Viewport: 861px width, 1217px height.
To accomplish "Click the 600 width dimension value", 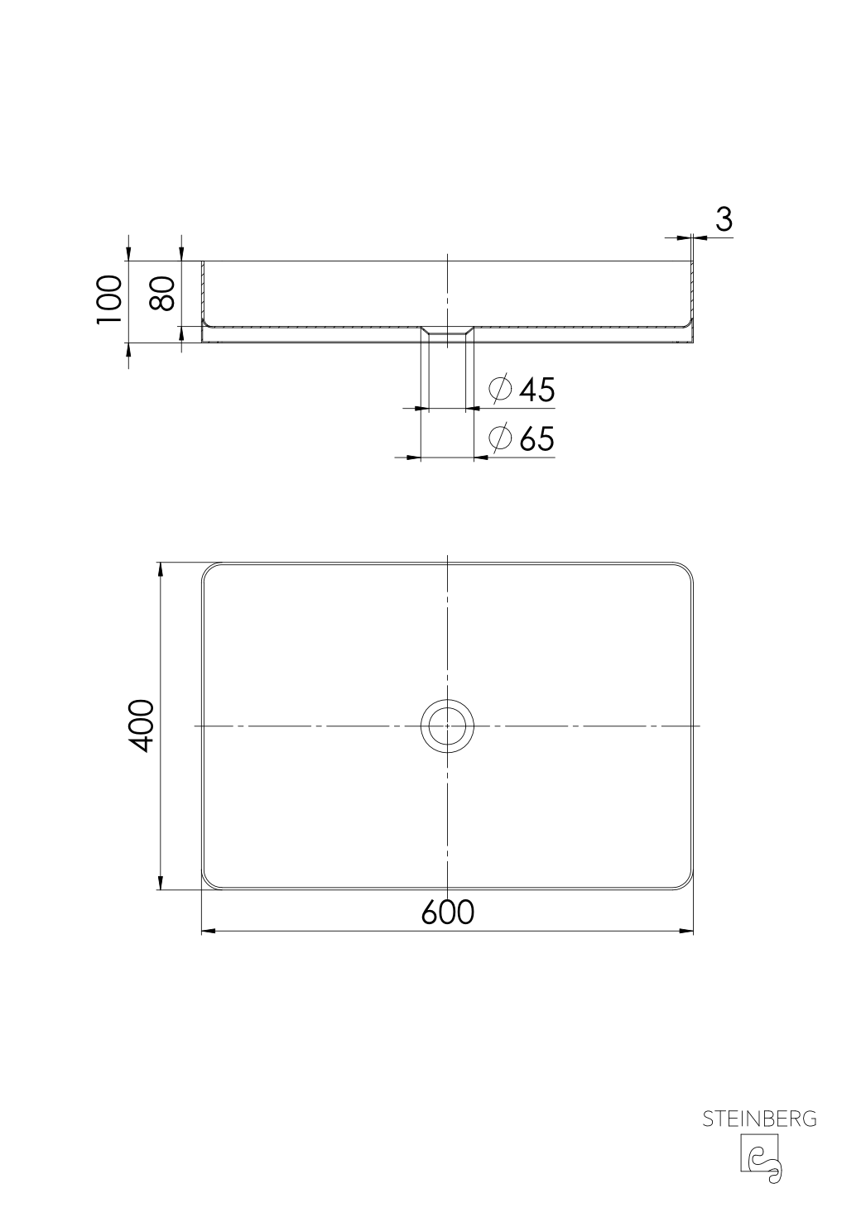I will coord(447,912).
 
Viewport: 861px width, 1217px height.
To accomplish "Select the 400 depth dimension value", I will coord(142,726).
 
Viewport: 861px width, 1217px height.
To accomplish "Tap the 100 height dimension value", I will coord(109,301).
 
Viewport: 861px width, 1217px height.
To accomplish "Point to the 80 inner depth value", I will coord(162,294).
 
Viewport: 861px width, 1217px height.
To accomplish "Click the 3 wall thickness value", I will coord(723,220).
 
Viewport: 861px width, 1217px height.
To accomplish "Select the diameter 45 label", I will coord(536,390).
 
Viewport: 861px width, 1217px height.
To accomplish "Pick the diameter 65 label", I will coord(536,438).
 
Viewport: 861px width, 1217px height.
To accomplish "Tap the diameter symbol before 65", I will coord(500,438).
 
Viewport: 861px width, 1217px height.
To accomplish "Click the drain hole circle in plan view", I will coord(447,726).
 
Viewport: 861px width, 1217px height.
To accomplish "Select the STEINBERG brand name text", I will coord(759,1119).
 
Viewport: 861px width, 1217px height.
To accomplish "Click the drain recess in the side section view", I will coord(447,333).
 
